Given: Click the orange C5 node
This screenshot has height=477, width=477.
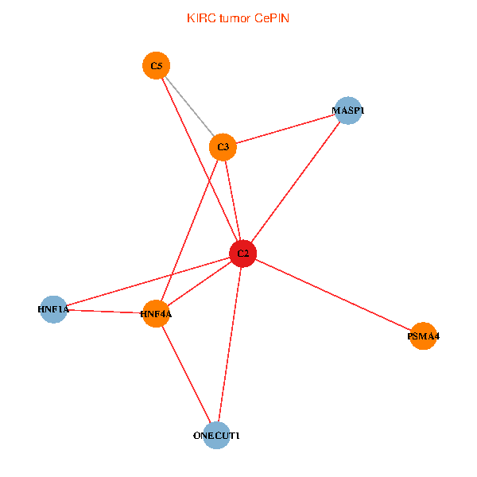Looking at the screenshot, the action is (x=156, y=65).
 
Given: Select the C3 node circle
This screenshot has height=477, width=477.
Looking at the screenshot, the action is (x=223, y=147).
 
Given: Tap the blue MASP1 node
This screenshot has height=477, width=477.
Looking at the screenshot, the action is (x=348, y=111).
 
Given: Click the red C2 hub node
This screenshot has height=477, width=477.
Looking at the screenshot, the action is (x=242, y=254).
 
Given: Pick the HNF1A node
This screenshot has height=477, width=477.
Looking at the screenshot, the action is (x=53, y=309).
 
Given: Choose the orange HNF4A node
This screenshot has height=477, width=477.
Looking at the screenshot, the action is (x=157, y=314).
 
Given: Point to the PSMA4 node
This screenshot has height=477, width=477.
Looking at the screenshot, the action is (x=423, y=336).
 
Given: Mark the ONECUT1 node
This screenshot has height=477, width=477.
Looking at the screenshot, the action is (x=216, y=436).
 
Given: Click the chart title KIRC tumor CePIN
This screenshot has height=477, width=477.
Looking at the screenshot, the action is (x=238, y=17).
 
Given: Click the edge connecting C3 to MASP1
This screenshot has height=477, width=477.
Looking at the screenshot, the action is (x=285, y=129).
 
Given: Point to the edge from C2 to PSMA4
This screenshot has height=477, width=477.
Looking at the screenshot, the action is (x=333, y=295).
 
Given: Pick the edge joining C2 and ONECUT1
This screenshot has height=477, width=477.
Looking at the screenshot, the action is (x=230, y=345).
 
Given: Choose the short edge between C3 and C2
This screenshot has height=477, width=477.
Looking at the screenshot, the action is (x=232, y=200).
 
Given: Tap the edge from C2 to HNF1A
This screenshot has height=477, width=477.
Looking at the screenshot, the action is (x=148, y=281).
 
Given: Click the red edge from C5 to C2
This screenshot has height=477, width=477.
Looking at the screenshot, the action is (x=200, y=160).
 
